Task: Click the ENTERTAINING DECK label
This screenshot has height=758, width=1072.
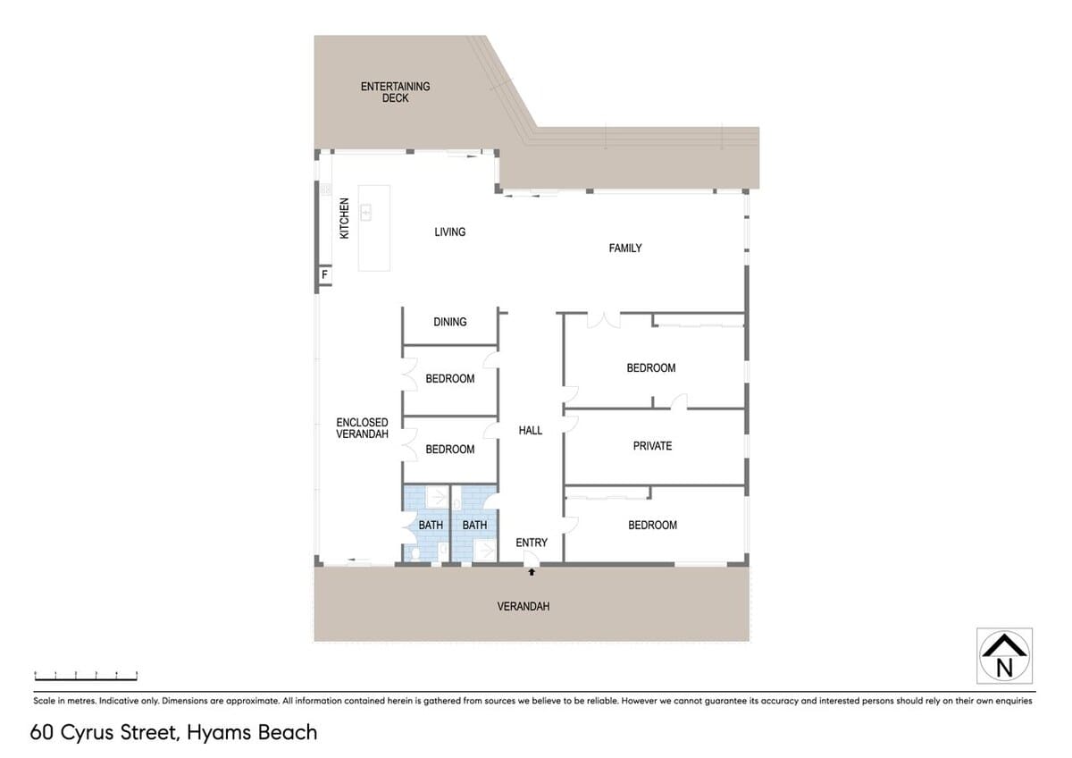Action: point(395,92)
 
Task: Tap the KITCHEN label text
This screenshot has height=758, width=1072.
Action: point(344,218)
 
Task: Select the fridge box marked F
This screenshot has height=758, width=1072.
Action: point(325,274)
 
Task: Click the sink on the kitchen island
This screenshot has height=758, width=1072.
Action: point(366,212)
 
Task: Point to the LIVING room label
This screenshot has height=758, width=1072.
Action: point(450,232)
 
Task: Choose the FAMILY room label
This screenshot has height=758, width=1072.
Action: point(625,248)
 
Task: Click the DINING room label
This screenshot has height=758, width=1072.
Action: point(450,322)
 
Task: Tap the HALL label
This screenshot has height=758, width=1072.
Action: point(531,431)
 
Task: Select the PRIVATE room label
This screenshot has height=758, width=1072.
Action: point(652,446)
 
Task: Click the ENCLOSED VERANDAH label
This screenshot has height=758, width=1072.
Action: point(362,428)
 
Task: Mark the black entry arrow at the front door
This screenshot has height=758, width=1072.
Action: point(532,572)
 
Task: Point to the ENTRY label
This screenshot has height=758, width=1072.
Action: point(532,543)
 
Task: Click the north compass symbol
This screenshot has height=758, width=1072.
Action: point(1004,655)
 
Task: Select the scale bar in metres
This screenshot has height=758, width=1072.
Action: point(86,676)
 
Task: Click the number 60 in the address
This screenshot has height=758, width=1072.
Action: point(42,733)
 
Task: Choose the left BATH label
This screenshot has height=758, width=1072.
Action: point(431,526)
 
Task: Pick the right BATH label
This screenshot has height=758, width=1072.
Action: point(474,526)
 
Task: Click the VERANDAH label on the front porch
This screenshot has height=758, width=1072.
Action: point(523,607)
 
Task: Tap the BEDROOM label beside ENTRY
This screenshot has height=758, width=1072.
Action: point(652,526)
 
